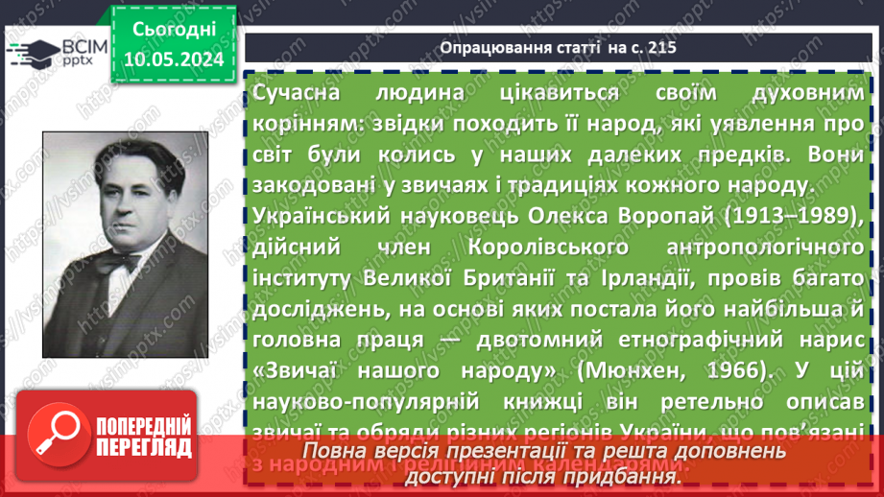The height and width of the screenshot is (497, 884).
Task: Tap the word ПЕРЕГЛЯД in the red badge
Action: [145, 447]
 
